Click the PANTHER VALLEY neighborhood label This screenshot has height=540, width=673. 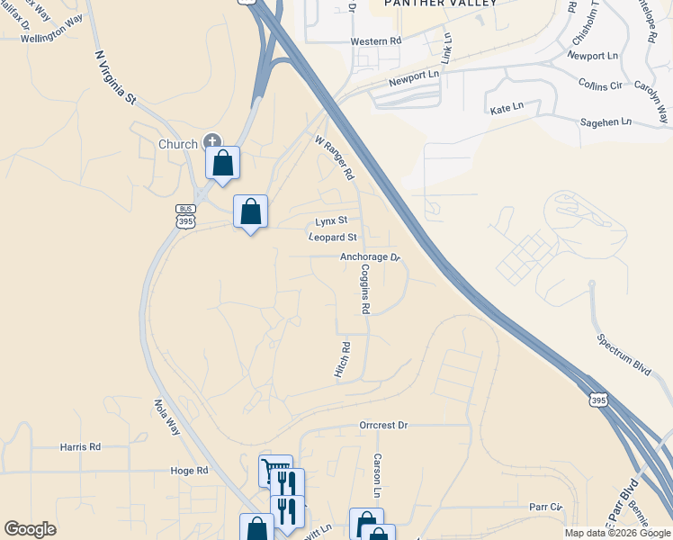(427, 4)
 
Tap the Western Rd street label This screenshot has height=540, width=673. (375, 41)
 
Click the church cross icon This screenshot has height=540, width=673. (212, 140)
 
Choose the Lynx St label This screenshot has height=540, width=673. (331, 220)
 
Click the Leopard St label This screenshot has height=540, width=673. (333, 238)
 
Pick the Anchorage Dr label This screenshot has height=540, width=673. (369, 257)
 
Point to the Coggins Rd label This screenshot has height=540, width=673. (365, 289)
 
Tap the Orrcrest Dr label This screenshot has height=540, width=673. (383, 425)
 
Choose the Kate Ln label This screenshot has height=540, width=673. (507, 108)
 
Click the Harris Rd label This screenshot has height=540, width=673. (81, 446)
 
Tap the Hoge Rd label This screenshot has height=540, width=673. (189, 470)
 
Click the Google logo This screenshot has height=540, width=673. (31, 529)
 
